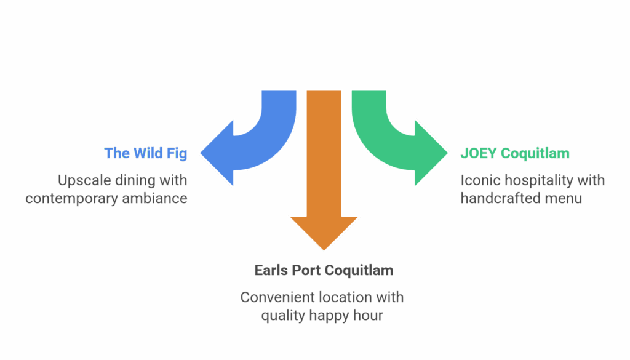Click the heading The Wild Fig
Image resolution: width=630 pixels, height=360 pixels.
click(x=145, y=153)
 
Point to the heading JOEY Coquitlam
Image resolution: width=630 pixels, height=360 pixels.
click(x=515, y=153)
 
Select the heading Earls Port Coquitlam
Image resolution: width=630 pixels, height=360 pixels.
click(x=324, y=270)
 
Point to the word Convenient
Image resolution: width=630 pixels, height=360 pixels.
click(x=277, y=298)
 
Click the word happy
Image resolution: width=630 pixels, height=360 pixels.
click(x=335, y=316)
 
